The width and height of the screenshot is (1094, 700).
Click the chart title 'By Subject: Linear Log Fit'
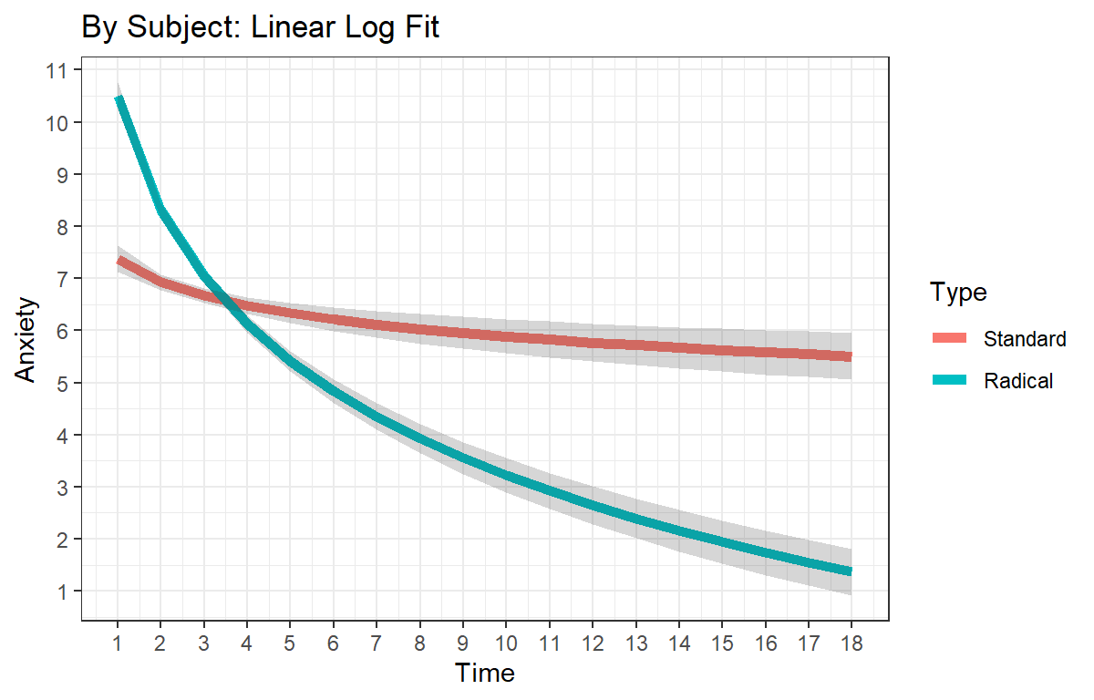point(261,27)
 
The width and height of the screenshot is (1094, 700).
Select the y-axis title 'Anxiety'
point(25,339)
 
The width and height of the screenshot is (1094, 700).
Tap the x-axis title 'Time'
point(484,673)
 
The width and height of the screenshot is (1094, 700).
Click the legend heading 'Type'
point(958,293)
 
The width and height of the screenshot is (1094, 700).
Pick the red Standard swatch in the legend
point(949,338)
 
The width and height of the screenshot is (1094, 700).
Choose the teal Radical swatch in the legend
point(949,380)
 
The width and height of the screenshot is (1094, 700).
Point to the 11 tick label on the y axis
point(57,71)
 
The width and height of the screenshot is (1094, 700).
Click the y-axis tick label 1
point(62,592)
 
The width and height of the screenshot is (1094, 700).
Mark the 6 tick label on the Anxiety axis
point(62,332)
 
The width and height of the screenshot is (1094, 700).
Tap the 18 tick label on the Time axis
point(851,643)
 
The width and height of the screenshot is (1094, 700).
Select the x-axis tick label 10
point(506,643)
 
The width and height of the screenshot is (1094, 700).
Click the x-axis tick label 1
point(118,643)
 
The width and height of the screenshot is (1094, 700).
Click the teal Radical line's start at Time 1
point(119,99)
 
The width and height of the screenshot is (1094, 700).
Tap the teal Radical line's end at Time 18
point(851,571)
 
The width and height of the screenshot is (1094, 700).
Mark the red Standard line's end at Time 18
point(851,356)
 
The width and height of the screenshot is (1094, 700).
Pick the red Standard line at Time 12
point(593,343)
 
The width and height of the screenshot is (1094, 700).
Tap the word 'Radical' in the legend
point(1018,381)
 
